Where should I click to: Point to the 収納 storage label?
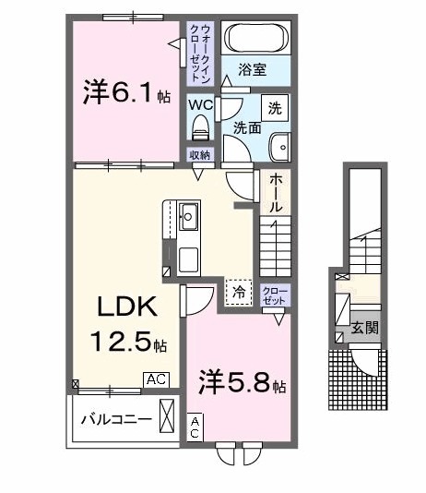200,155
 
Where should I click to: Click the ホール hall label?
276,197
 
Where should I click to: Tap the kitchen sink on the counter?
189,218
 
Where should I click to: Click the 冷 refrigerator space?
238,292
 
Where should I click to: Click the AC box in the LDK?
155,379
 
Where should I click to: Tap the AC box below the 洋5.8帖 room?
196,426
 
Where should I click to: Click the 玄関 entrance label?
364,328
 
